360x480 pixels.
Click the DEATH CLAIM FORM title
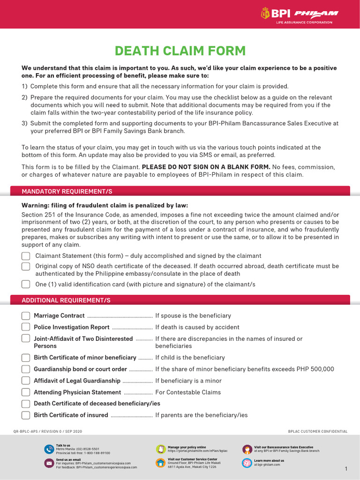(180, 51)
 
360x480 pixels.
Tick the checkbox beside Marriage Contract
(26, 316)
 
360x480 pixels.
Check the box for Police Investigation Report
(26, 328)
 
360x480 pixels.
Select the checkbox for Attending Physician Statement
(26, 392)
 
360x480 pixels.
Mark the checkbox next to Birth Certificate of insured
(26, 415)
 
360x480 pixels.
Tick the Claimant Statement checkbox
(26, 256)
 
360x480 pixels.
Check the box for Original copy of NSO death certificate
(26, 266)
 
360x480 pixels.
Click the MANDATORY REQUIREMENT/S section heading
(67, 192)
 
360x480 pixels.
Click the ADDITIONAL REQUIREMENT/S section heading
(66, 300)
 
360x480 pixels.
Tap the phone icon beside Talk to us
(49, 449)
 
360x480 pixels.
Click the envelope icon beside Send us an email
(49, 463)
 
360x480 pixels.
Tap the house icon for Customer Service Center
(160, 463)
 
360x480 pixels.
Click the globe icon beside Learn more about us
(247, 463)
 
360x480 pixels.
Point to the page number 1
(346, 469)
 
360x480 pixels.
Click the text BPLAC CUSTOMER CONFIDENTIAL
(318, 431)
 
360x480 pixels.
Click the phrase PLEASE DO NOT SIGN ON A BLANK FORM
(206, 167)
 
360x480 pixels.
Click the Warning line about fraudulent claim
(105, 205)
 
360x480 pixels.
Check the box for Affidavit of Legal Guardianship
(26, 381)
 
